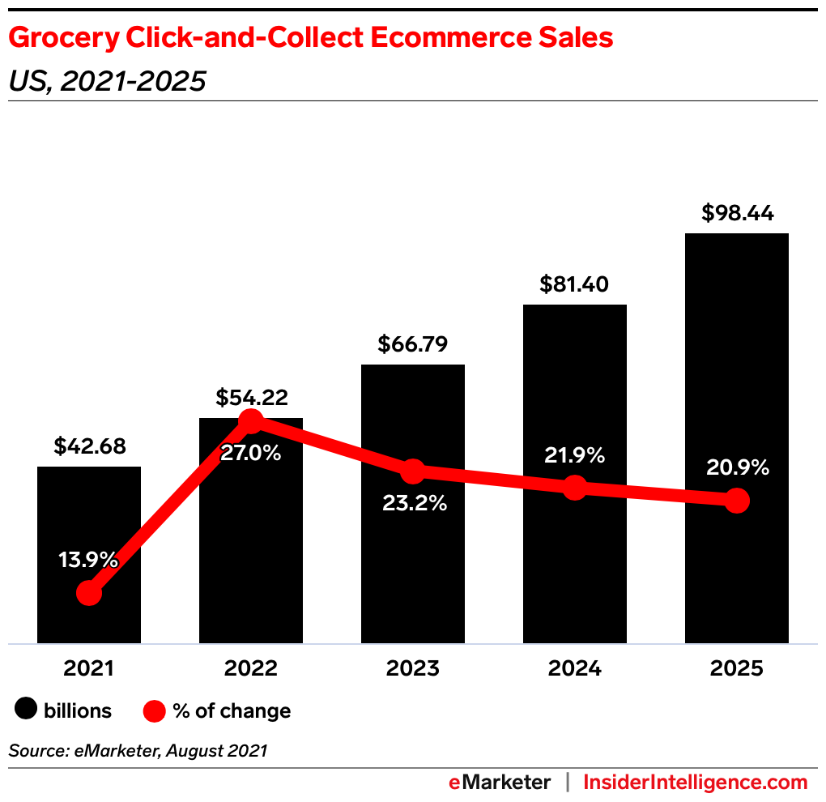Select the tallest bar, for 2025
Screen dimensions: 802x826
(x=737, y=365)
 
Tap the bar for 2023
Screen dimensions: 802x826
(x=413, y=567)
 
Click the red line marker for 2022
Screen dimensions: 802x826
(x=251, y=421)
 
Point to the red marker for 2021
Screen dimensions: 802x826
(x=89, y=594)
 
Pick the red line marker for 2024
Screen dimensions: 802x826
(x=575, y=488)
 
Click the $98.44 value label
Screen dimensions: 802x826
(x=737, y=214)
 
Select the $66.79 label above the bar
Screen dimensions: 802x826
(x=413, y=344)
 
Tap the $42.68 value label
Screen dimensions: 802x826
(x=89, y=446)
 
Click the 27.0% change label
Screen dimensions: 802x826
(x=251, y=453)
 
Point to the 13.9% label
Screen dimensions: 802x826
(x=89, y=560)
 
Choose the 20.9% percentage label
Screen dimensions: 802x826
(x=737, y=467)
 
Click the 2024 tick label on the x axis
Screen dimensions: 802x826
(x=575, y=668)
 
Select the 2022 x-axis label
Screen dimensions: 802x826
(x=251, y=668)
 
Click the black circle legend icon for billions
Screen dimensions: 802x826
(x=26, y=710)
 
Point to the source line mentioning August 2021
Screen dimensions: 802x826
(x=138, y=751)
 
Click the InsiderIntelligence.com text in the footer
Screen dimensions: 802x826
(x=696, y=783)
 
